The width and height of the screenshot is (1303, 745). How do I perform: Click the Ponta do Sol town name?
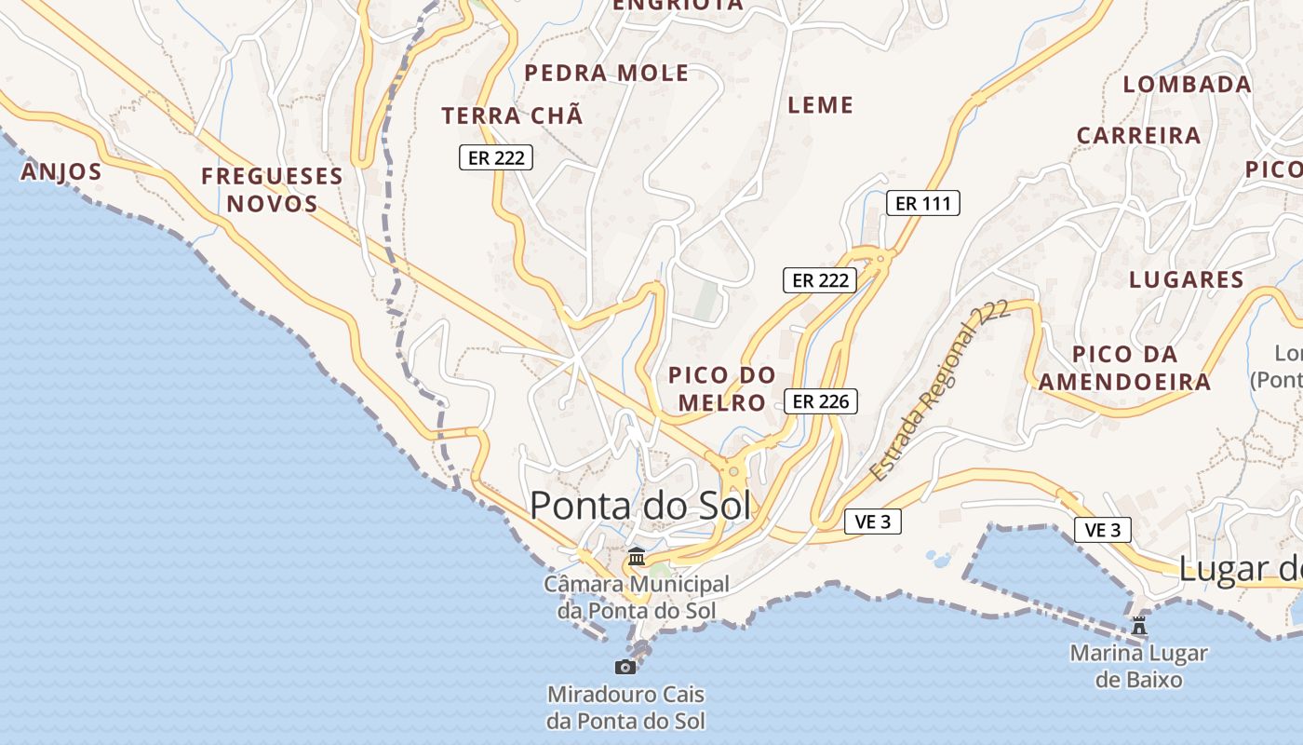pyautogui.click(x=640, y=506)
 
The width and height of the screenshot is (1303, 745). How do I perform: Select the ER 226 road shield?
pyautogui.click(x=819, y=401)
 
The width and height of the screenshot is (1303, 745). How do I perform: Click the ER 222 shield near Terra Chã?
pyautogui.click(x=496, y=157)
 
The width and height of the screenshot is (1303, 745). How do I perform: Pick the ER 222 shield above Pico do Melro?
pyautogui.click(x=819, y=279)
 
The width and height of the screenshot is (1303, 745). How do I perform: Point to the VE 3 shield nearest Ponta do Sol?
pyautogui.click(x=873, y=521)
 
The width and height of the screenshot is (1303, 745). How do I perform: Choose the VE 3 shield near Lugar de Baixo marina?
pyautogui.click(x=1103, y=530)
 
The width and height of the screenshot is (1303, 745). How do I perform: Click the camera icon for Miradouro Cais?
pyautogui.click(x=625, y=667)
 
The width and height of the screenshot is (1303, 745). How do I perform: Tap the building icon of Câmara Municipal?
pyautogui.click(x=637, y=557)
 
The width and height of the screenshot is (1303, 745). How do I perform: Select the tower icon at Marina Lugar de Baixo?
pyautogui.click(x=1139, y=625)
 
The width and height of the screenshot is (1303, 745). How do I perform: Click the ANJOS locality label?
pyautogui.click(x=60, y=171)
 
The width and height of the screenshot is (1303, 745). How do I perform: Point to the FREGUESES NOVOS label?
pyautogui.click(x=272, y=189)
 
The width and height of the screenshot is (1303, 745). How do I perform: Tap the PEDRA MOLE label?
pyautogui.click(x=606, y=73)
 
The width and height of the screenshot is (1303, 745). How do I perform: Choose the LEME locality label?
pyautogui.click(x=820, y=105)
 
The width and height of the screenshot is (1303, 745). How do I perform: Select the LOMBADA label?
pyautogui.click(x=1187, y=84)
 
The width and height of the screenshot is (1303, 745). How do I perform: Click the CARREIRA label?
pyautogui.click(x=1138, y=135)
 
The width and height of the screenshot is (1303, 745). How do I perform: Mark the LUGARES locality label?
pyautogui.click(x=1186, y=279)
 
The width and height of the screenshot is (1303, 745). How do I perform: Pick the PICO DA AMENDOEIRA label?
pyautogui.click(x=1124, y=368)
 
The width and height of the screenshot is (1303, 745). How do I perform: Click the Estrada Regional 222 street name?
pyautogui.click(x=940, y=391)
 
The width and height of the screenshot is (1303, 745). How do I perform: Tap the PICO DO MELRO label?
pyautogui.click(x=722, y=388)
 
